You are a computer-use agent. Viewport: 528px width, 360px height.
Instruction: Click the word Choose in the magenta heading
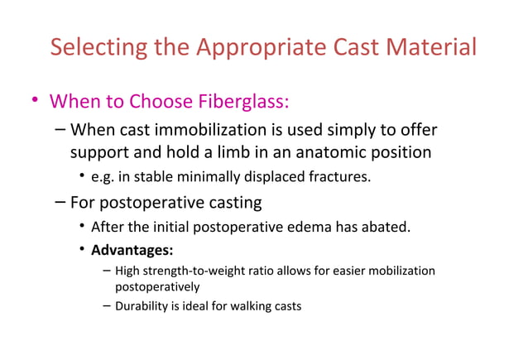coord(153,102)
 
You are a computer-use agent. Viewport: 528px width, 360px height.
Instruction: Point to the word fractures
coord(341,176)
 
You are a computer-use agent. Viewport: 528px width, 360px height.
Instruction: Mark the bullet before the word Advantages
coord(82,249)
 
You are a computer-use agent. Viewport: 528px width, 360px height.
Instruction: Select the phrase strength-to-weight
coord(191,271)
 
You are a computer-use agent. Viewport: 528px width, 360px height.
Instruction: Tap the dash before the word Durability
coord(108,306)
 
